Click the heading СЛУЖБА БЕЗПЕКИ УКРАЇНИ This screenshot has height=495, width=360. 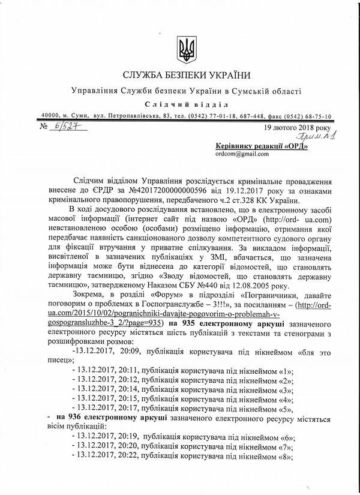[184, 76]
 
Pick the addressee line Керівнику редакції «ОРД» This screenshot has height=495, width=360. [261, 145]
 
